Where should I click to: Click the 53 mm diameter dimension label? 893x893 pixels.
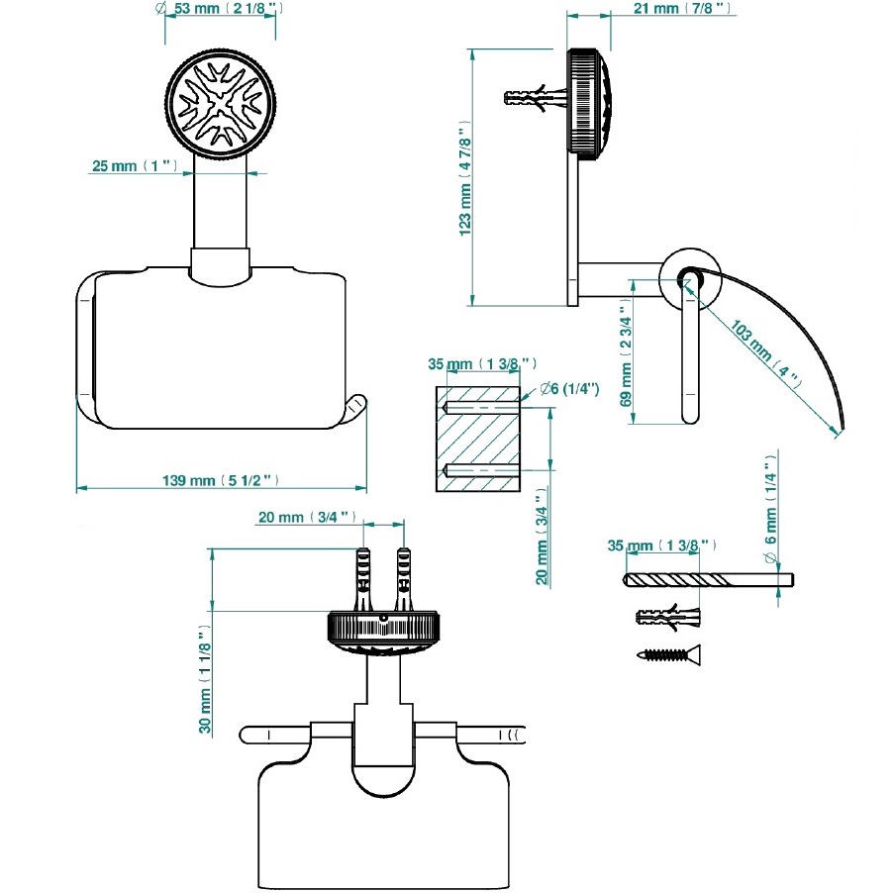click(x=219, y=9)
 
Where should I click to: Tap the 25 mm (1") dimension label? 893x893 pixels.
click(x=135, y=165)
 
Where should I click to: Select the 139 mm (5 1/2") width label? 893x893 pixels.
click(x=221, y=480)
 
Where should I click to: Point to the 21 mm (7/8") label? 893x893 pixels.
click(x=682, y=9)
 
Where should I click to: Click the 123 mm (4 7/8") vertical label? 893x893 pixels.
click(x=464, y=178)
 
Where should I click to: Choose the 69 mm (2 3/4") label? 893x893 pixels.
click(x=626, y=357)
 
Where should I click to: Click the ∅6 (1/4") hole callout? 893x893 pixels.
click(x=569, y=389)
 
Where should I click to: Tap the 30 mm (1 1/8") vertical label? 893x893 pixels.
click(x=205, y=679)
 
